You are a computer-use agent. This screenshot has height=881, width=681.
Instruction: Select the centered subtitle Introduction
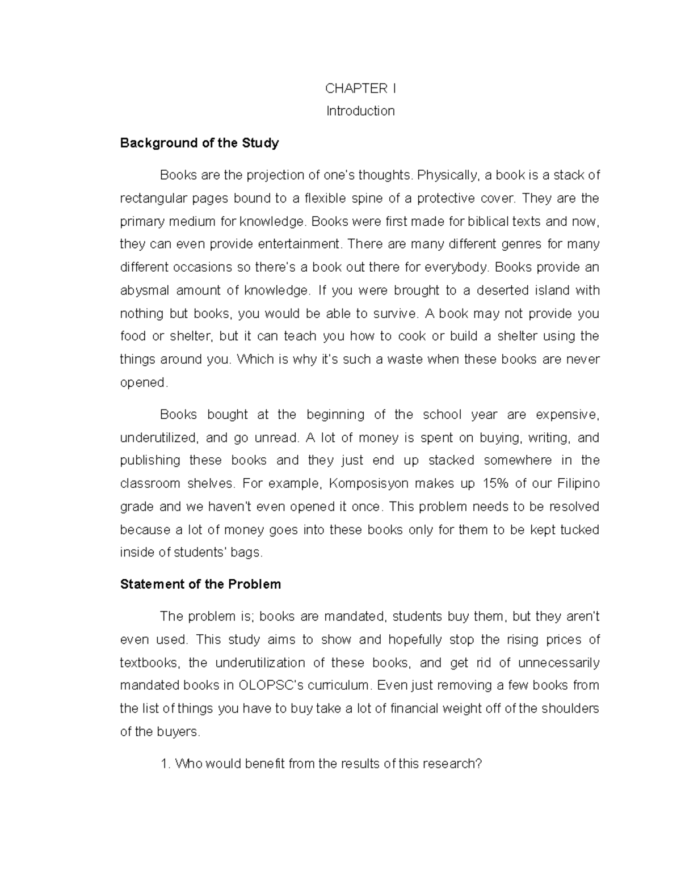[x=360, y=111]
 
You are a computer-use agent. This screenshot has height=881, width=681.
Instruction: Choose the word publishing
[x=150, y=461]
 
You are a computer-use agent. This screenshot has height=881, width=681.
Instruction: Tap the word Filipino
[x=578, y=484]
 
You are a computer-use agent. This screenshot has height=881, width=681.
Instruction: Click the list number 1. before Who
[x=165, y=764]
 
